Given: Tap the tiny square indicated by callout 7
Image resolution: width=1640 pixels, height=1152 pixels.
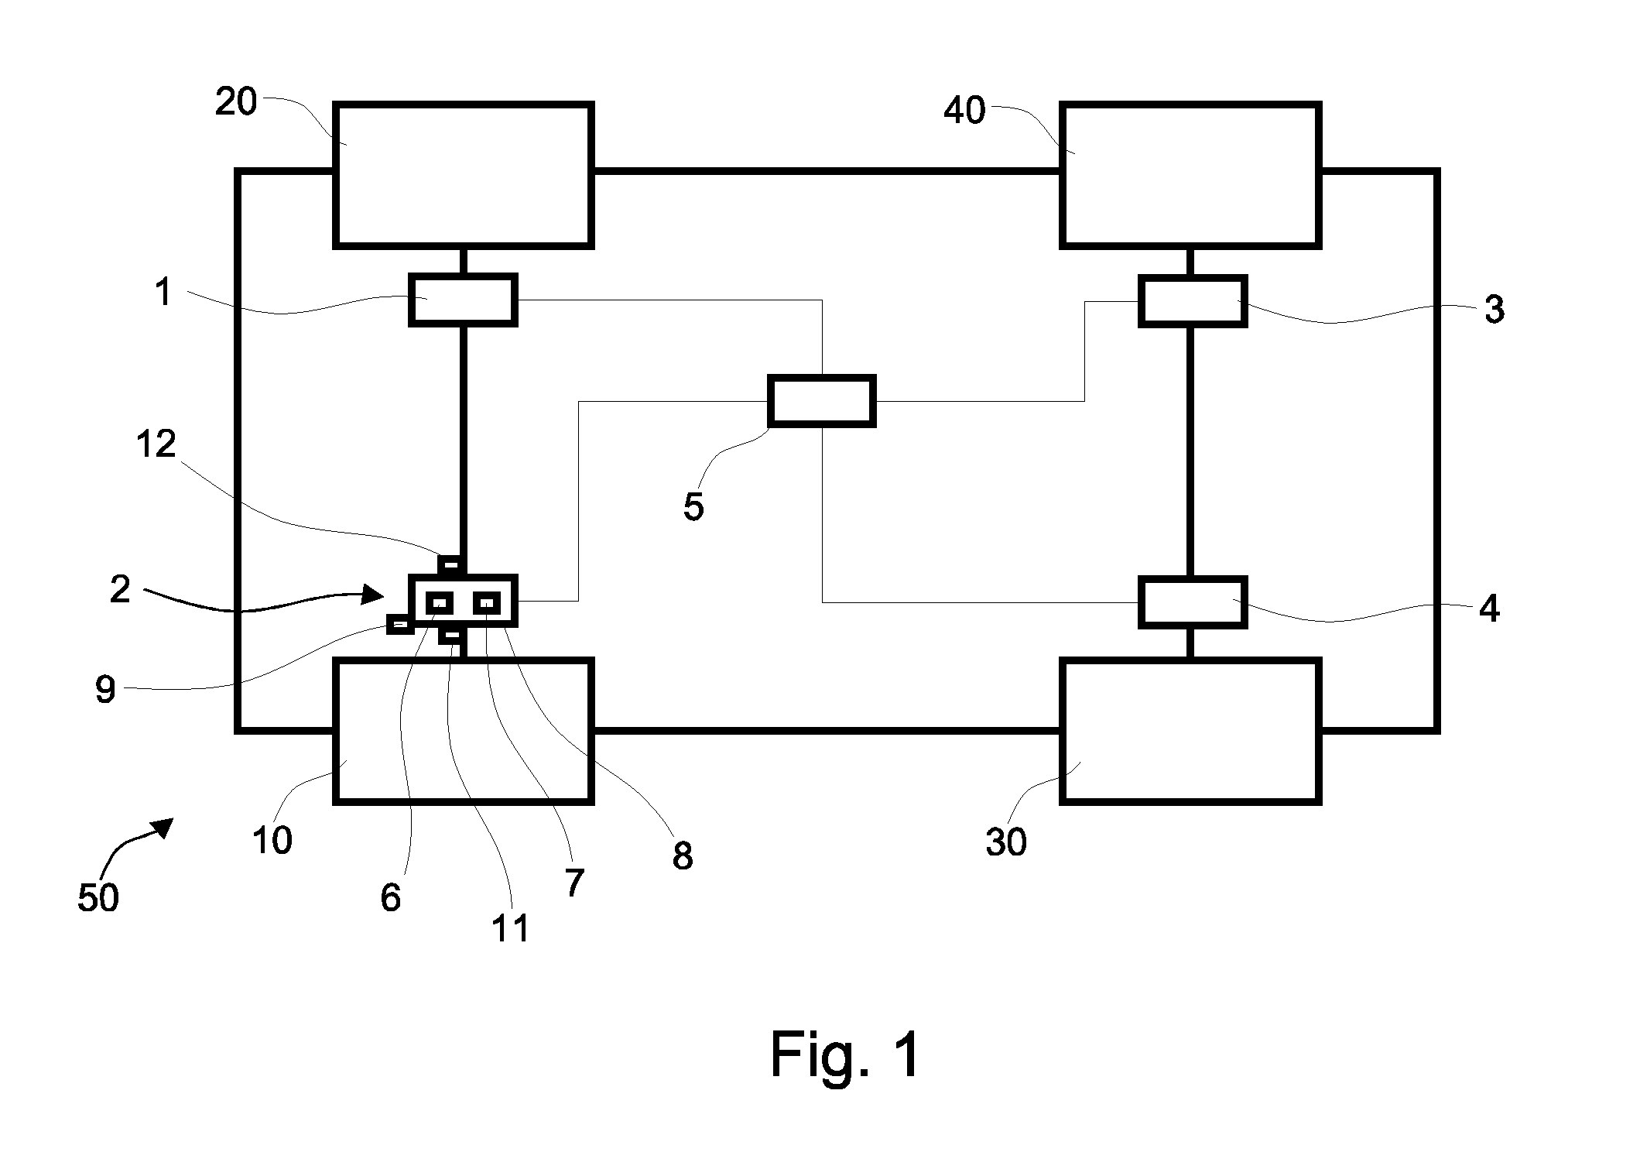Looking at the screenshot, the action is (488, 602).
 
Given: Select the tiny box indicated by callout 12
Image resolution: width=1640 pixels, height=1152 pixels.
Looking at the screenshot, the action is (449, 564).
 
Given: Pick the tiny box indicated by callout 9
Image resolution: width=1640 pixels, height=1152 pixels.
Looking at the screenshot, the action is (400, 624).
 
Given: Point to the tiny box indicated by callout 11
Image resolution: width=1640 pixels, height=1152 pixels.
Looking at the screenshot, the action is (450, 636).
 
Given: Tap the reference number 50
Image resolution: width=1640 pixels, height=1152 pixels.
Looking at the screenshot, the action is (98, 898).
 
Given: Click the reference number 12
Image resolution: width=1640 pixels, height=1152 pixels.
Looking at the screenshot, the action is (156, 444).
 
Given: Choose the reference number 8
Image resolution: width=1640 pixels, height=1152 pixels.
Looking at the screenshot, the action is (683, 856).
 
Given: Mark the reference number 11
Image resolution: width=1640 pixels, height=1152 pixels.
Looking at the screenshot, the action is (511, 927).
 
